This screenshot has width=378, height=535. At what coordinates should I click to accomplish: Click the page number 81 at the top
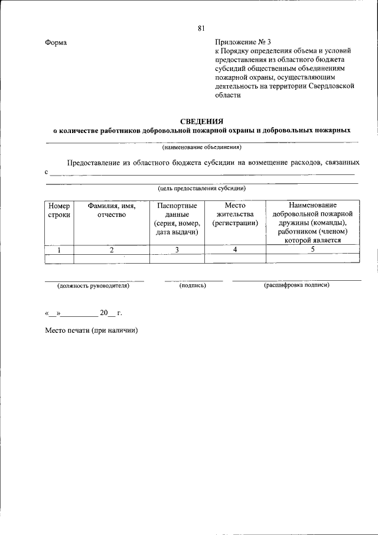pos(201,28)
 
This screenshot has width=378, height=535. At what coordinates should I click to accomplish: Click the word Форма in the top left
pos(56,43)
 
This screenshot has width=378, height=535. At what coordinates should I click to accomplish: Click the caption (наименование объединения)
pos(201,147)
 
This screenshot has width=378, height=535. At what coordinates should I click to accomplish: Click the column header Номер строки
pos(58,210)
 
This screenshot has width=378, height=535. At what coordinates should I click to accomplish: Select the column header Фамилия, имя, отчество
pos(112,210)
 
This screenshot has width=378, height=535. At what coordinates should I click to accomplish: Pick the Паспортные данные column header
pos(177,219)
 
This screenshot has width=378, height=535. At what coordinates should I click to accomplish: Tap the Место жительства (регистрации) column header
pos(235,215)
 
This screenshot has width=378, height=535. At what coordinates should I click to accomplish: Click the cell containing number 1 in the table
pos(58,250)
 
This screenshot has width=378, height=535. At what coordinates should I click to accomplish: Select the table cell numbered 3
pos(177,250)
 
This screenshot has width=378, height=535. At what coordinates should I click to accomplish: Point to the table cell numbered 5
pos(312,250)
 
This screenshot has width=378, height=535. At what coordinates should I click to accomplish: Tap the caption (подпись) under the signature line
pos(193,286)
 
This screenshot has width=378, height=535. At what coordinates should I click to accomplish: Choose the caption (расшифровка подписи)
pos(296,285)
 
